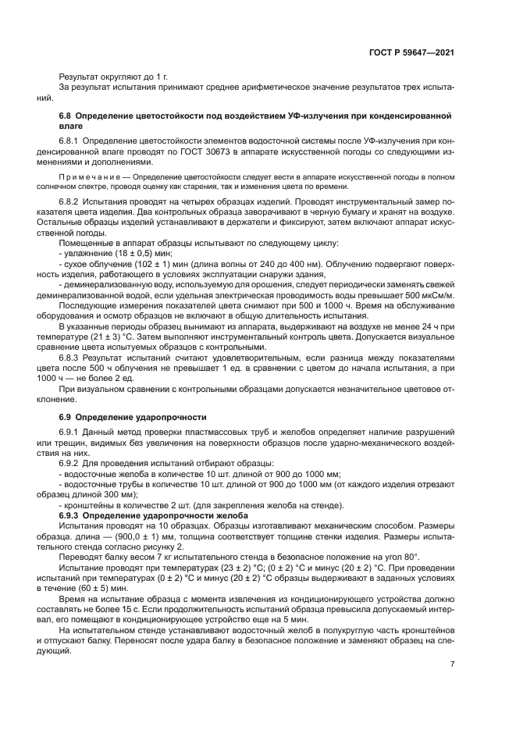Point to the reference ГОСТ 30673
[227, 150]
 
